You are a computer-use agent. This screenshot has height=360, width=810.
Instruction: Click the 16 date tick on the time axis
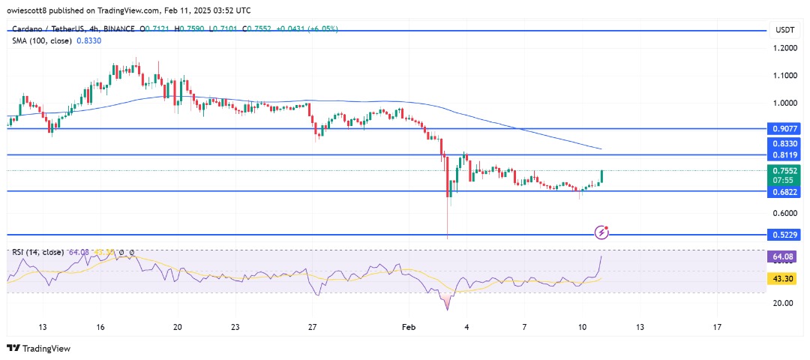pyautogui.click(x=100, y=327)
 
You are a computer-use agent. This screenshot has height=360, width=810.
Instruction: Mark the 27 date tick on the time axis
pyautogui.click(x=313, y=327)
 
